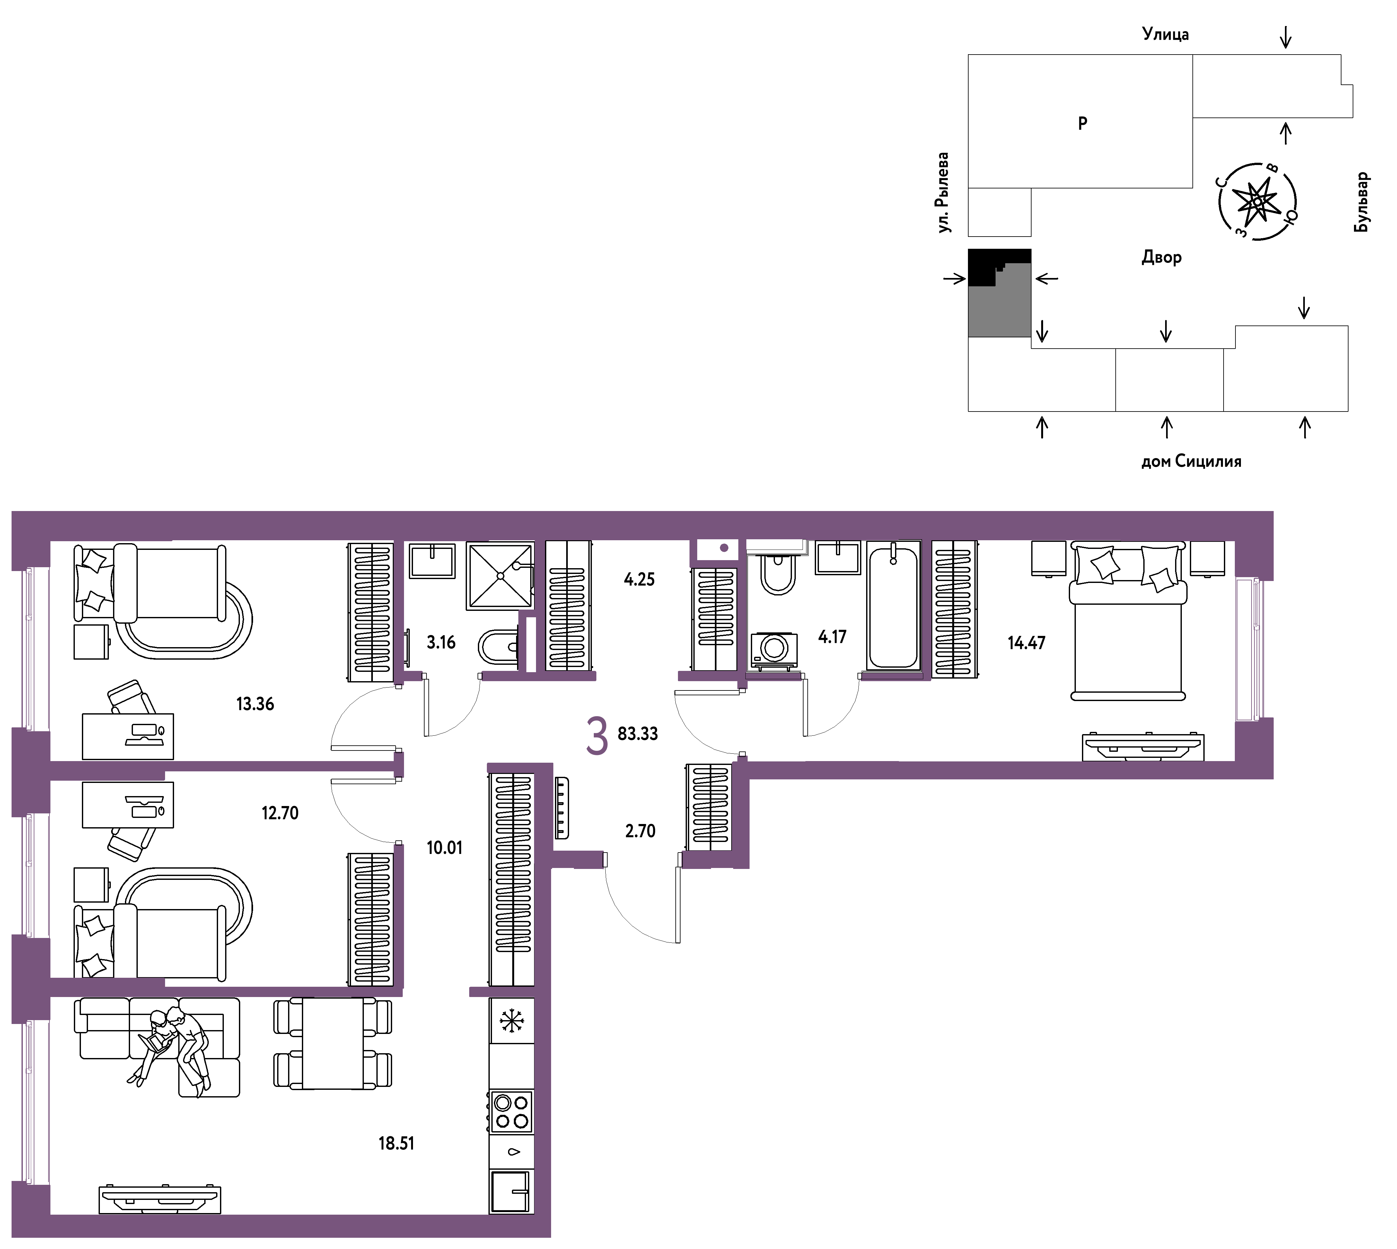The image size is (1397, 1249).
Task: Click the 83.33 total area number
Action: [x=638, y=733]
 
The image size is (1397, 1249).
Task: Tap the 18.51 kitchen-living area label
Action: [x=396, y=1143]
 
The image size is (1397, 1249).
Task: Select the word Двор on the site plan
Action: [x=1162, y=257]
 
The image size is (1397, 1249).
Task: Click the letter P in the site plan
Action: [x=1083, y=124]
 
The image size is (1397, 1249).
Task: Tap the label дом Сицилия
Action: [x=1191, y=461]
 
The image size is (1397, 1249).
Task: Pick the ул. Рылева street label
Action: [x=943, y=192]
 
